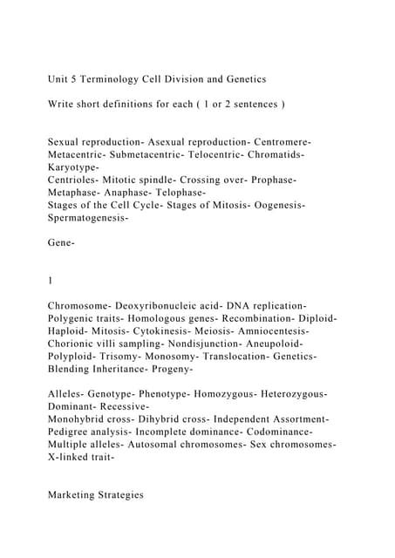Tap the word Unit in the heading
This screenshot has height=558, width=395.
click(60, 79)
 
